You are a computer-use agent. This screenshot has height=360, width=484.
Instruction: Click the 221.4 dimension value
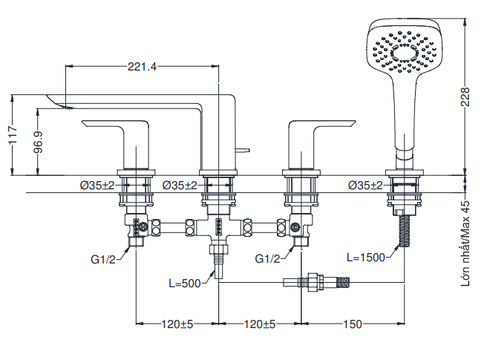pos(142,67)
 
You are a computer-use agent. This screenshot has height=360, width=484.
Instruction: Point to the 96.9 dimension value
pos(39,142)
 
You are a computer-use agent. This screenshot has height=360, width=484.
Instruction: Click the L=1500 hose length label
pos(366,258)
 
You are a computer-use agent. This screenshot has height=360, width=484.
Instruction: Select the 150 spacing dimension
pos(353,324)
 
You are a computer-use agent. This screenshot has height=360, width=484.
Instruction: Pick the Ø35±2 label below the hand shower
pos(369,185)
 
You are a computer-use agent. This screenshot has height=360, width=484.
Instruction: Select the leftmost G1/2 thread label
pos(104,259)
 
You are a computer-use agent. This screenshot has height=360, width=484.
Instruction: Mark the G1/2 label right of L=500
pos(267,259)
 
